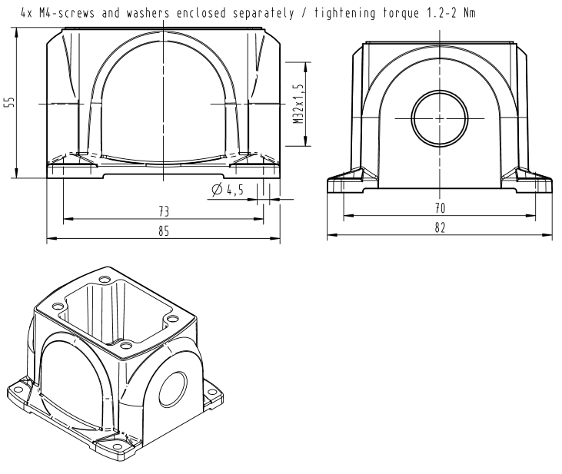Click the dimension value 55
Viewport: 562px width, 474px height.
(11, 101)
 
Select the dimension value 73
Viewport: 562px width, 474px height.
(164, 211)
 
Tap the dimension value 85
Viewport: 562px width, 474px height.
(164, 231)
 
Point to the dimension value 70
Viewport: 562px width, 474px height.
(440, 207)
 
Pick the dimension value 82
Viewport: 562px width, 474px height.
(440, 227)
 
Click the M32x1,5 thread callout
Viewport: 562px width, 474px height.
(298, 104)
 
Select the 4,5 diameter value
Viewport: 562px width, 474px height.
(235, 190)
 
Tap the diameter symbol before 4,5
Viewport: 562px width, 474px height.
(217, 190)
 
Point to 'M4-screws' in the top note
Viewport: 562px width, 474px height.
(67, 13)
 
